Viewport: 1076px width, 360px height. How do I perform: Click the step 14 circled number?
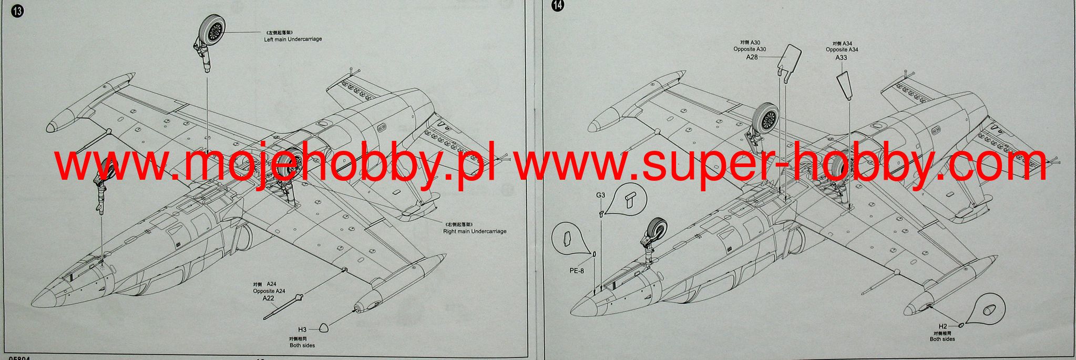[x=557, y=6]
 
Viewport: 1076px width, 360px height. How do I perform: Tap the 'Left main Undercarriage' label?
[x=293, y=39]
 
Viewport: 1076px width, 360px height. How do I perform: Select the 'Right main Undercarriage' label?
[x=475, y=231]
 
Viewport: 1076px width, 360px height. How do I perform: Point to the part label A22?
[x=269, y=298]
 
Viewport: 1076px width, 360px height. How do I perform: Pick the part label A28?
[x=752, y=57]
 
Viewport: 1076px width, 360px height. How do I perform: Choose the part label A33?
[x=842, y=57]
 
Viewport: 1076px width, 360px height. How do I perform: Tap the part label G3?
[x=601, y=195]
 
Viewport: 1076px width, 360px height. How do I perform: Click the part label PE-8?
[x=576, y=271]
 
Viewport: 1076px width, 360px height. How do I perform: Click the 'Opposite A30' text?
[x=750, y=49]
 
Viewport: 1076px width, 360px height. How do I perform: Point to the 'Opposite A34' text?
[x=842, y=49]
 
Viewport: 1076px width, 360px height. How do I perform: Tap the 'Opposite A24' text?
[x=269, y=291]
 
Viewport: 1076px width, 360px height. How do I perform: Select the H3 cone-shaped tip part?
[x=325, y=328]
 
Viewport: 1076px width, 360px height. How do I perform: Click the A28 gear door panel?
[x=788, y=61]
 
